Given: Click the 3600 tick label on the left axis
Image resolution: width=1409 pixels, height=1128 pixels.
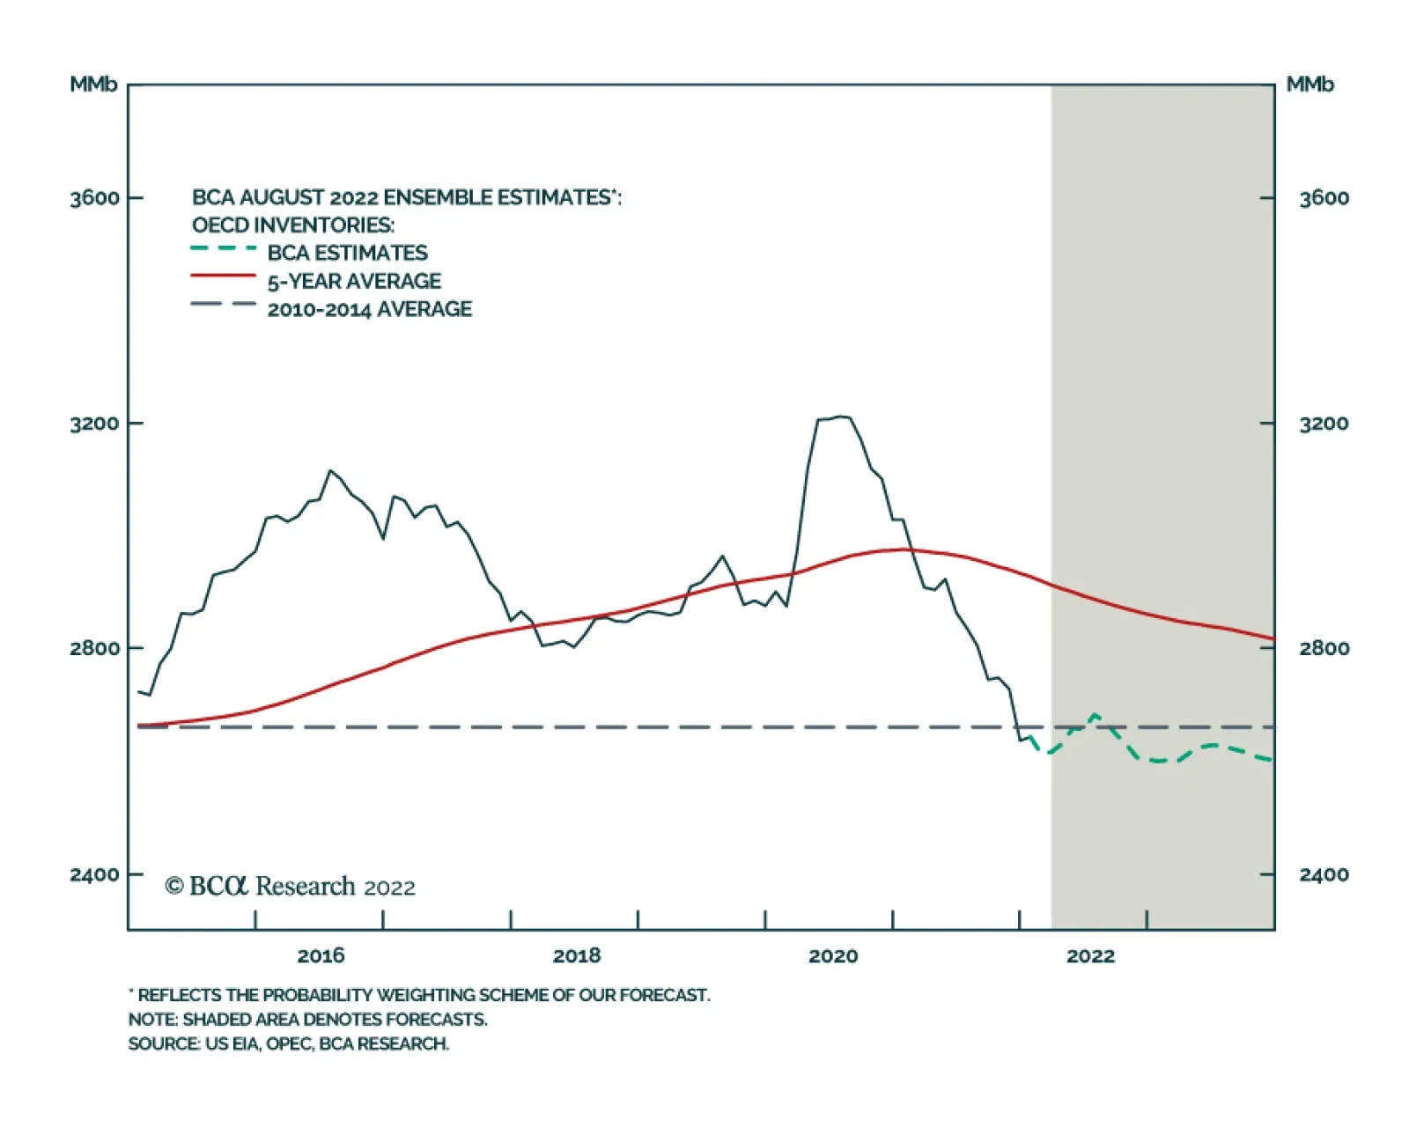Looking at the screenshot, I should click(94, 198).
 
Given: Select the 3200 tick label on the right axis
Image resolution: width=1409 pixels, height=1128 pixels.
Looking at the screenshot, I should click(1324, 424).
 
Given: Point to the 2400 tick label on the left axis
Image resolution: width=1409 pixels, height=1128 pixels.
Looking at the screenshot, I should click(94, 874).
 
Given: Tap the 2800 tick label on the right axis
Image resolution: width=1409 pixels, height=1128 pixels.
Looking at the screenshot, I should click(1324, 648).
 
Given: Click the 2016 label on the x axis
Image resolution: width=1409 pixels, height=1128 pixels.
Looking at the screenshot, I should click(321, 955).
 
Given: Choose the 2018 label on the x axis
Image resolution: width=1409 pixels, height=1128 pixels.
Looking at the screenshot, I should click(577, 955).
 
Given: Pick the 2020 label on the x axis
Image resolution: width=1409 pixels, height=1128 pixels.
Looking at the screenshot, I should click(833, 955).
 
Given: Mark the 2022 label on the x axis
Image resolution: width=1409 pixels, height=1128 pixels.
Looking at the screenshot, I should click(1090, 955).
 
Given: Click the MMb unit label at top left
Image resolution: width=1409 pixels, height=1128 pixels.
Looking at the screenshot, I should click(93, 85).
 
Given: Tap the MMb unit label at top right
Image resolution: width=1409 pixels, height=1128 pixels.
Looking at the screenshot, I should click(1309, 85).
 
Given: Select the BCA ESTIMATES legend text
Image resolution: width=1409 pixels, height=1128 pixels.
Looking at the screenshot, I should click(347, 254).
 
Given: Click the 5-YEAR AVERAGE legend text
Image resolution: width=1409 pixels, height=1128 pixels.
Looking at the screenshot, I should click(354, 282).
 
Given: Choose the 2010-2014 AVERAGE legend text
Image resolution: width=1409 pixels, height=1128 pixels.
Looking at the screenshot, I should click(370, 309).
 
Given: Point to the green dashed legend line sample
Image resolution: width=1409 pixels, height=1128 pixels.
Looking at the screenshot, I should click(224, 249).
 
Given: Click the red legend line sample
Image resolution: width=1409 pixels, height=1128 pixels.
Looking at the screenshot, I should click(224, 276).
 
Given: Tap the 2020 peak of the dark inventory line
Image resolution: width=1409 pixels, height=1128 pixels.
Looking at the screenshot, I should click(841, 417).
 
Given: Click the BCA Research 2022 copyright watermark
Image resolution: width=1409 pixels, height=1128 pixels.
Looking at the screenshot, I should click(290, 886).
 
